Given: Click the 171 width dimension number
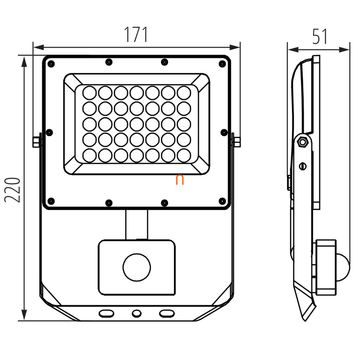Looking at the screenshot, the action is [136, 35].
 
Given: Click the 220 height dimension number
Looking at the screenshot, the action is [12, 190].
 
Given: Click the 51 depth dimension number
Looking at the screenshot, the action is [320, 36].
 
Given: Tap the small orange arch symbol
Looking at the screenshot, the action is [180, 180].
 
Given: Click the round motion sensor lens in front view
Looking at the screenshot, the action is [137, 267].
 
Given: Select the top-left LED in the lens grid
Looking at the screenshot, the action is [89, 93].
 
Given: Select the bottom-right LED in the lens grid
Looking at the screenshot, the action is [184, 155].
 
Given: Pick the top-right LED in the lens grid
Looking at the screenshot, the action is [184, 93].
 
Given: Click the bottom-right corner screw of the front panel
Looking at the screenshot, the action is [222, 201].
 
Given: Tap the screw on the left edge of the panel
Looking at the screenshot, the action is [49, 133].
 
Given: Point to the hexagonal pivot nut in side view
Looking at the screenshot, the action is [303, 142].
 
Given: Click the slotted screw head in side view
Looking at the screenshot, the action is [303, 166].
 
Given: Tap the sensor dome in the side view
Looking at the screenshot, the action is [343, 267].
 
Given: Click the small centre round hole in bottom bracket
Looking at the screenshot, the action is [137, 313].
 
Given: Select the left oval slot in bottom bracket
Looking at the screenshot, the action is [106, 313].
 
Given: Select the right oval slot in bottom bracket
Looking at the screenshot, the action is [167, 313].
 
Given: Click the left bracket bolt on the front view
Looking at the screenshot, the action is [36, 142].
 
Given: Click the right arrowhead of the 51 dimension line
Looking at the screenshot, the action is [344, 49].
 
